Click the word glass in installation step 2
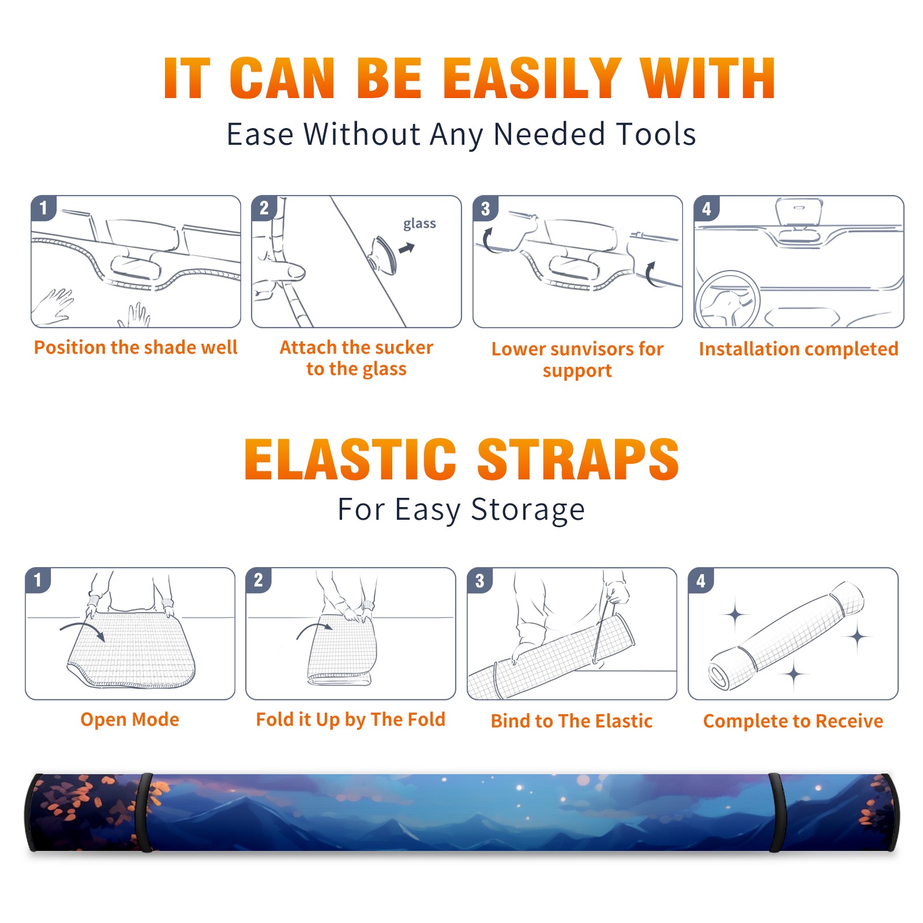(419, 224)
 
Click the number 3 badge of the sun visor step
(485, 209)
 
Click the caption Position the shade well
(136, 347)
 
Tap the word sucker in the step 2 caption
(404, 347)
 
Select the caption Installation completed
(798, 349)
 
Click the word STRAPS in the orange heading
(578, 459)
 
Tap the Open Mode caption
(130, 719)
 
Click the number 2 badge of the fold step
(258, 580)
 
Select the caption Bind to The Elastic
(572, 721)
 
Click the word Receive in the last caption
(849, 721)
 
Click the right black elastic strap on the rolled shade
(776, 812)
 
